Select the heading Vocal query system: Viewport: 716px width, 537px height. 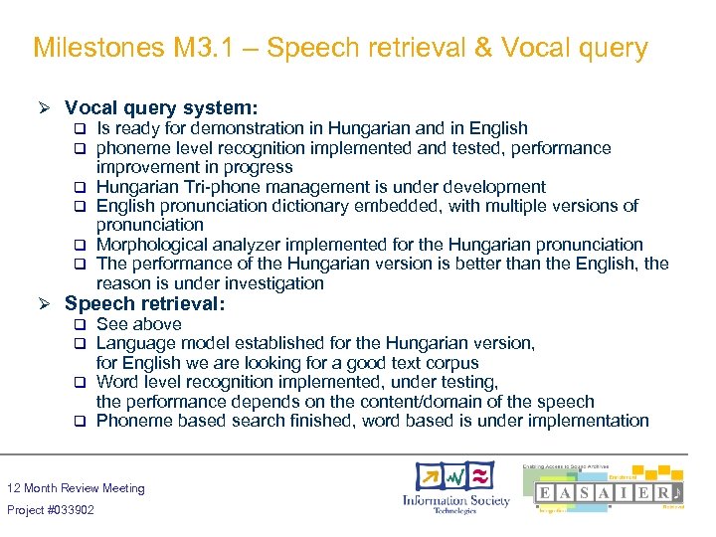[x=161, y=106]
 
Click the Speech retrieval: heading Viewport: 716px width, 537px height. [x=145, y=304]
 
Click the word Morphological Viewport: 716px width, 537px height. [x=155, y=245]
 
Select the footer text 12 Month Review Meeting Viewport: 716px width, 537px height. [x=76, y=488]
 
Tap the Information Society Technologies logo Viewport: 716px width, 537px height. [x=455, y=487]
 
